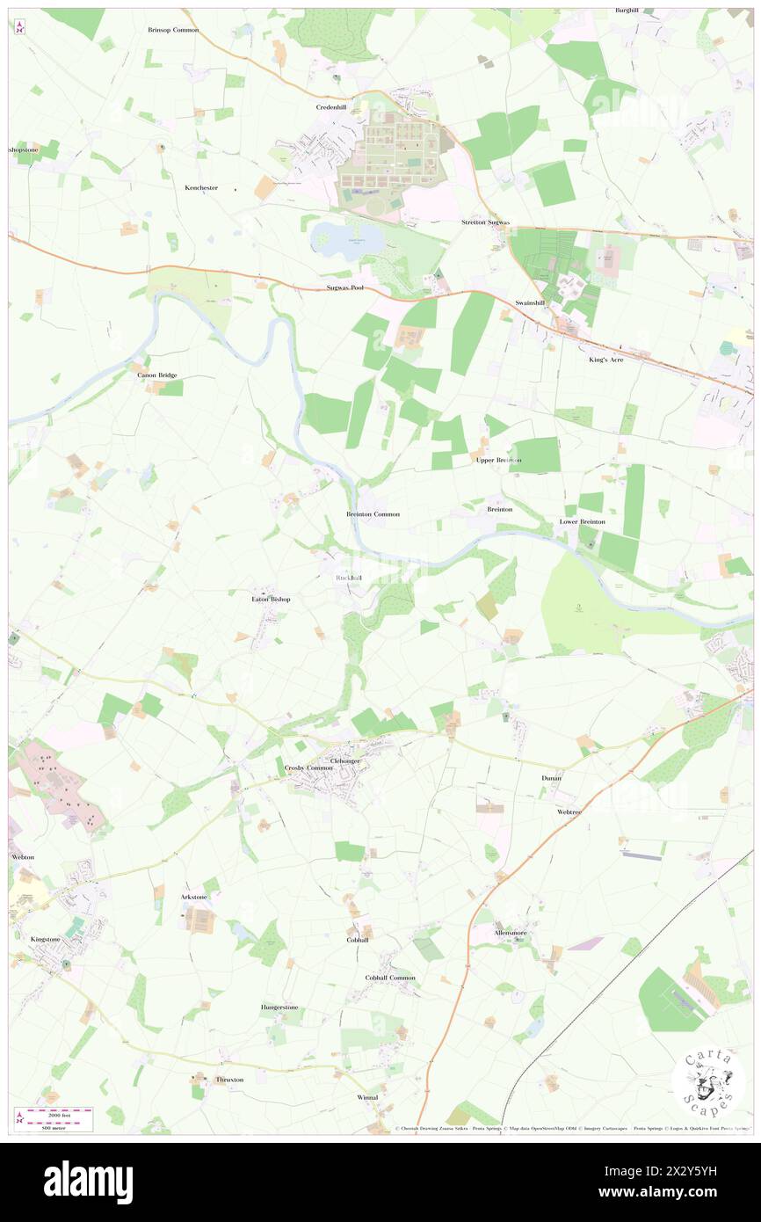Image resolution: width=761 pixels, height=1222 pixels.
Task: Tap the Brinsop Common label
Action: pyautogui.click(x=173, y=30)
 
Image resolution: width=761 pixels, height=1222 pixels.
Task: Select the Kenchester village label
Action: pyautogui.click(x=200, y=188)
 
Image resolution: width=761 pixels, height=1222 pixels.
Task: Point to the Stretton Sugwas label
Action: pyautogui.click(x=486, y=222)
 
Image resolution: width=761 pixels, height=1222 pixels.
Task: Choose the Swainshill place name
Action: pyautogui.click(x=530, y=302)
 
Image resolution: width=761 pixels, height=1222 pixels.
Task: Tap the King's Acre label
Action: pyautogui.click(x=605, y=360)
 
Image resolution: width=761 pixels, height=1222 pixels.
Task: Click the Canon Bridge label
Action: pyautogui.click(x=157, y=375)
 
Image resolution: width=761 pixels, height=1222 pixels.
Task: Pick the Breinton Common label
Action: pyautogui.click(x=373, y=513)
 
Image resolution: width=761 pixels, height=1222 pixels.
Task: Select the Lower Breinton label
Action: pyautogui.click(x=583, y=521)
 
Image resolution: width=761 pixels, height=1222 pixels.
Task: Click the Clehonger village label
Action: pyautogui.click(x=345, y=760)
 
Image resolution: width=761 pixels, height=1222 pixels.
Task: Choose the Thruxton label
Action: pyautogui.click(x=229, y=1080)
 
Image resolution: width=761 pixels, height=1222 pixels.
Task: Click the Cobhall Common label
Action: pyautogui.click(x=390, y=978)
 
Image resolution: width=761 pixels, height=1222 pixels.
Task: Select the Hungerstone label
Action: pyautogui.click(x=279, y=1007)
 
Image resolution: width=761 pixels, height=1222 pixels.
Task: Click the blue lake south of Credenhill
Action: pyautogui.click(x=346, y=239)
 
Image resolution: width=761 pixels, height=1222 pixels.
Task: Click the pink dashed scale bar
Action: pyautogui.click(x=58, y=1111)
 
